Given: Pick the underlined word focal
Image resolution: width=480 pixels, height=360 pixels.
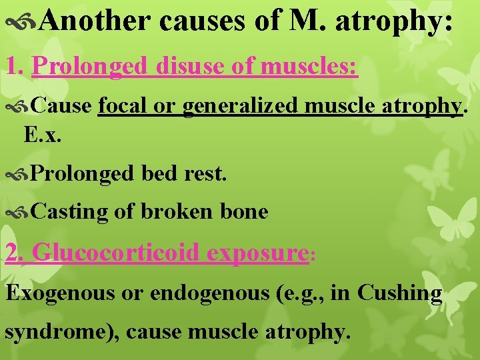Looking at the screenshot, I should tap(121, 105).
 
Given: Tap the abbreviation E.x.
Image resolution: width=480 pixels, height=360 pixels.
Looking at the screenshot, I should tap(42, 135).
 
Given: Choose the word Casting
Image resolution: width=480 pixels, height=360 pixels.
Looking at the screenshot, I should tap(69, 212).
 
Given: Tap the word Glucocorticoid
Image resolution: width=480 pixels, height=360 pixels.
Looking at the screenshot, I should tap(115, 253).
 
